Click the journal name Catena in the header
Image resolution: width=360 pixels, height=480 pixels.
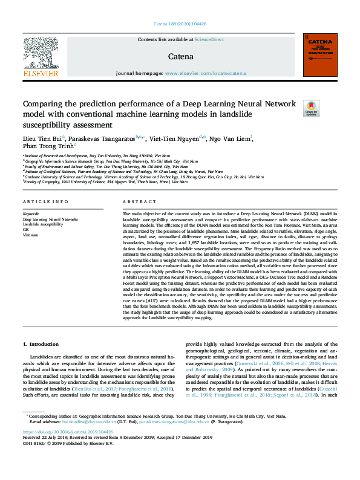pyautogui.click(x=181, y=57)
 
